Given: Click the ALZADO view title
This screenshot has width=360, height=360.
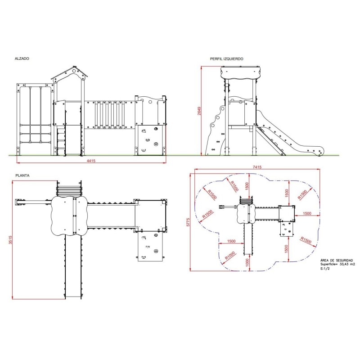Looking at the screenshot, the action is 22,58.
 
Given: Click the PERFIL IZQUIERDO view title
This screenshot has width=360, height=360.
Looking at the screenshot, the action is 227,59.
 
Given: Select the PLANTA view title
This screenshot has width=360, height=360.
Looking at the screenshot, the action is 22,175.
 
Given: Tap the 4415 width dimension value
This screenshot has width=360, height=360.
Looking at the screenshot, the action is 91,161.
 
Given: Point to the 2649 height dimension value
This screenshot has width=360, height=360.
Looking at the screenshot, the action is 199,111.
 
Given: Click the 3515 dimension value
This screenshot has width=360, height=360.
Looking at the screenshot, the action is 10,240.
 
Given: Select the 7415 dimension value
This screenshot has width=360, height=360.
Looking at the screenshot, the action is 257,167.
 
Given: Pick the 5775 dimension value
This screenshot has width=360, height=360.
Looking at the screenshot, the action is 188,222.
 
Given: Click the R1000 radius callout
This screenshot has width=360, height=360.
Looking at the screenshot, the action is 230,256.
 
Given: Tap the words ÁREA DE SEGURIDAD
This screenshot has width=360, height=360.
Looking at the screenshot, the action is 337,260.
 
